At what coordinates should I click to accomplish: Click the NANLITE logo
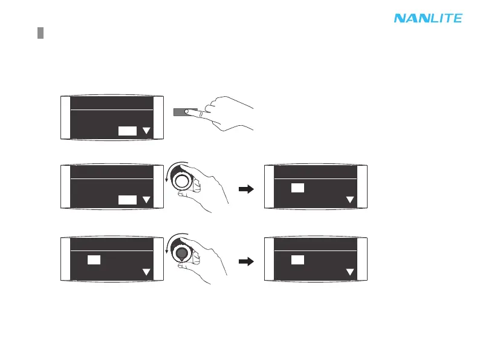click(428, 19)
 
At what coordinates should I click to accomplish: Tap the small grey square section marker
click(40, 33)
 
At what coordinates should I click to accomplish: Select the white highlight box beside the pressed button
click(127, 131)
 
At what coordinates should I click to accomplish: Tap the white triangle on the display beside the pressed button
click(146, 131)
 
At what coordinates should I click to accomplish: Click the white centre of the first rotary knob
click(181, 180)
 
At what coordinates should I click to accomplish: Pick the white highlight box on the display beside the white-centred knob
click(127, 200)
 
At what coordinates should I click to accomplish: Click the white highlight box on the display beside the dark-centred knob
click(93, 260)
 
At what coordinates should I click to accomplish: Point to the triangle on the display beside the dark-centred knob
click(146, 272)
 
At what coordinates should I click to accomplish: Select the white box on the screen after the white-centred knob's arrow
click(297, 188)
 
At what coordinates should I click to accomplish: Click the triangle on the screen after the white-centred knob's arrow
click(349, 200)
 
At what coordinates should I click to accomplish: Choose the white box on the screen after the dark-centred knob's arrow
click(297, 260)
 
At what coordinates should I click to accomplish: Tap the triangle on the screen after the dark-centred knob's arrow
click(349, 272)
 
